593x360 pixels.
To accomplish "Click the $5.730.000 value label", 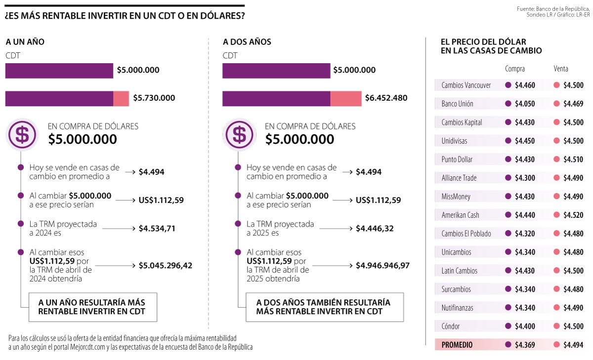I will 154,98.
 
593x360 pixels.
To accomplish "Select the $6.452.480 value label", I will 386,98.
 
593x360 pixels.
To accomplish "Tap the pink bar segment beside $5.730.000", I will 121,98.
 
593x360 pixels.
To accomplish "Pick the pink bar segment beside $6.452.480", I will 345,98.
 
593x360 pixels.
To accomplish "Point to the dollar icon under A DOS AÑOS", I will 240,134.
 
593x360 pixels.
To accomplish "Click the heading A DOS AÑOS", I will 247,42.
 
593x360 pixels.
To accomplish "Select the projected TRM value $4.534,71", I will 157,229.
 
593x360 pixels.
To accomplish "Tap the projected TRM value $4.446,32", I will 374,229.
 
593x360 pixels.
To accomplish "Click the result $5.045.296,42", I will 165,266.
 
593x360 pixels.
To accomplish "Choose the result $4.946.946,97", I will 382,266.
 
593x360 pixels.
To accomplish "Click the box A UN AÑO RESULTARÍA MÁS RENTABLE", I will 91,307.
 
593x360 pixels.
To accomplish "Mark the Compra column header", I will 515,69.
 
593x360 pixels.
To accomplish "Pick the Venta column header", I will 561,69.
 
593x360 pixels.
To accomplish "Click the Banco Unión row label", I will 457,104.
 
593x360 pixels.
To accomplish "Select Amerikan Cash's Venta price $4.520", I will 573,215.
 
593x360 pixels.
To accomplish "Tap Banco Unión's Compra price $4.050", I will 525,104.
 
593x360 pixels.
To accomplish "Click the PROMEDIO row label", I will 457,345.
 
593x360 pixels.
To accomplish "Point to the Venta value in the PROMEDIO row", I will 573,345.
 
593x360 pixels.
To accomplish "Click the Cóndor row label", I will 451,326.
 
